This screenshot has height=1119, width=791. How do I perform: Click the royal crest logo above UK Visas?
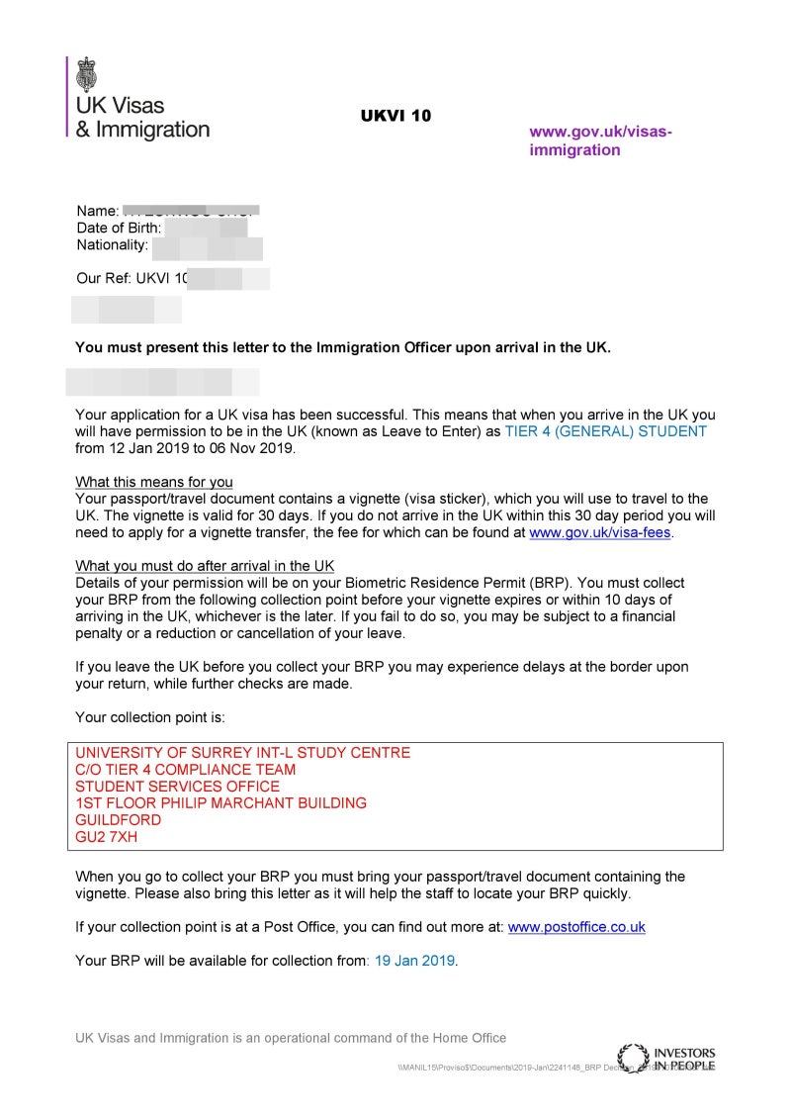(87, 74)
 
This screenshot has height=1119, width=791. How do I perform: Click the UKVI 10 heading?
(395, 116)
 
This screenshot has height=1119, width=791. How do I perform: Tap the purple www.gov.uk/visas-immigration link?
(600, 140)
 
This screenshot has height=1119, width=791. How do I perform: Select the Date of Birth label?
(119, 228)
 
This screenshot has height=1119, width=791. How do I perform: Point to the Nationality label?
(112, 244)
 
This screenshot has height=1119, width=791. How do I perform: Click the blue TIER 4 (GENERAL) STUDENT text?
(605, 431)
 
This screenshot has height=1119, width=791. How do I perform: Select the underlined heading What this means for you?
(154, 482)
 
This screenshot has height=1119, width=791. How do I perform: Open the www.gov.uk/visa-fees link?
(600, 532)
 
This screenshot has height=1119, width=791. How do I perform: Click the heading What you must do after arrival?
(205, 566)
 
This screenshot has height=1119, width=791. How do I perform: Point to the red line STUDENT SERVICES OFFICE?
(177, 787)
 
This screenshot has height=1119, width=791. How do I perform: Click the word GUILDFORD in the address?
(118, 820)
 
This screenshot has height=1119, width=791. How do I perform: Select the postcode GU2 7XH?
(106, 837)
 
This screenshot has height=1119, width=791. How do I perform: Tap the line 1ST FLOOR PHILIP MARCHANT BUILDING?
(220, 803)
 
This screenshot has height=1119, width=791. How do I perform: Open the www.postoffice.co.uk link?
(576, 927)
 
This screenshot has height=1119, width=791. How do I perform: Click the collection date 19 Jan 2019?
(414, 961)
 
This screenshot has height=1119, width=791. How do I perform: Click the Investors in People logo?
(666, 1058)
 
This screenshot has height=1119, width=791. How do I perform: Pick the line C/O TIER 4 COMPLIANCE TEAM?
(185, 770)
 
